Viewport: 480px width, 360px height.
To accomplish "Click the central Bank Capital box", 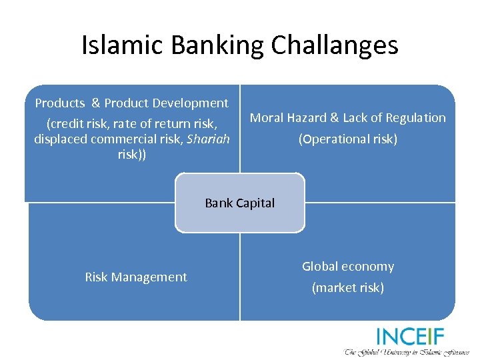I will [240, 203].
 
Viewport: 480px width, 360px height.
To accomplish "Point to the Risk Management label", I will [136, 277].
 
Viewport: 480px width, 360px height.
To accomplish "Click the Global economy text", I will [348, 267].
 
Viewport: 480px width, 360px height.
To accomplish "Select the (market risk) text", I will [348, 288].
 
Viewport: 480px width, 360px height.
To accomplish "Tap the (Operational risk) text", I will [348, 139].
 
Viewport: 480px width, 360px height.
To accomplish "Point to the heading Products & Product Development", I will [131, 103].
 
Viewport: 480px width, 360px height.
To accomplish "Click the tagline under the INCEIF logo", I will [407, 351].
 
